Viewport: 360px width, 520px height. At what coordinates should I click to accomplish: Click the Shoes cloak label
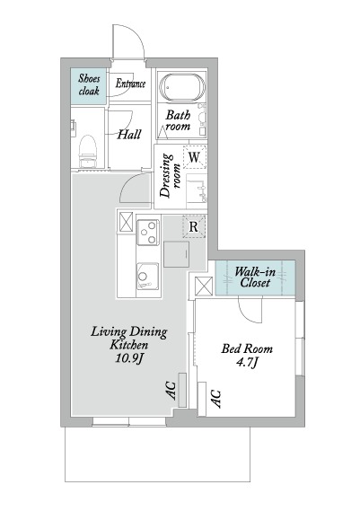coord(89,84)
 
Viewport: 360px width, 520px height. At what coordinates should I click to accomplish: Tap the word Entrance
coord(130,84)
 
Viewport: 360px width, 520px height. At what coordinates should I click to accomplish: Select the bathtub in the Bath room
coord(181,86)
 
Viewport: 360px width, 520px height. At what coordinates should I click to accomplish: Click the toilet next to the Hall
coord(87,151)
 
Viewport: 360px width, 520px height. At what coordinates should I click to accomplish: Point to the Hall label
coord(129,135)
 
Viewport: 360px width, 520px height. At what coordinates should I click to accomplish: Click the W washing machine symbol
coord(194,156)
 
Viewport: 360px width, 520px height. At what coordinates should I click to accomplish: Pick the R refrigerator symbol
coord(194,226)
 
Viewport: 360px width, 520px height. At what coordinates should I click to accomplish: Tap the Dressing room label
coord(170,175)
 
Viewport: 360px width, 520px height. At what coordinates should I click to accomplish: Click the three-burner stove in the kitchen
coord(148,233)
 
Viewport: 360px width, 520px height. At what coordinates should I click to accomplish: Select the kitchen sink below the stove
coord(148,276)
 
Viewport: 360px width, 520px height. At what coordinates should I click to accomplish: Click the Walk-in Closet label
coord(255,278)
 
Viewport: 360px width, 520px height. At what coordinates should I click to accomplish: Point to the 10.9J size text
coord(129,358)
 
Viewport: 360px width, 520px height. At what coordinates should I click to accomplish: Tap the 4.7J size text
coord(247,362)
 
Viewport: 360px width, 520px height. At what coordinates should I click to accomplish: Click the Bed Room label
coord(247,348)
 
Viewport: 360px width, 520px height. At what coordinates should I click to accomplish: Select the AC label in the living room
coord(171,391)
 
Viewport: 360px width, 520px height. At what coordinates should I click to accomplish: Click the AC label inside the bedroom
coord(215,398)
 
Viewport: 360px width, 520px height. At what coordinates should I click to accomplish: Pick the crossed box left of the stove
coord(126,222)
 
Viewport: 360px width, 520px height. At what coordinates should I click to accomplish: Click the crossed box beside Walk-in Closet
coord(204,286)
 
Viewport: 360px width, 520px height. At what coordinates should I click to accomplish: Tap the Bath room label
coord(178,120)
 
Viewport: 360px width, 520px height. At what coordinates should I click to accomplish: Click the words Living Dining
coord(129,332)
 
